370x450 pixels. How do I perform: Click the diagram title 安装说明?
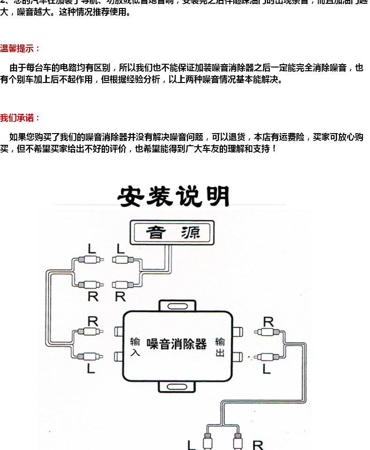[173, 196]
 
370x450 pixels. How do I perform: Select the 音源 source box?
[173, 232]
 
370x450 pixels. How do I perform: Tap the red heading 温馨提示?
[20, 48]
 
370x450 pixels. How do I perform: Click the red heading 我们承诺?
[20, 118]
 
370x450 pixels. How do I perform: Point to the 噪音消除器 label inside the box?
[177, 345]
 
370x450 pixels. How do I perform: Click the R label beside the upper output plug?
[268, 322]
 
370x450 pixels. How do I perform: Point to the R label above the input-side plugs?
[93, 322]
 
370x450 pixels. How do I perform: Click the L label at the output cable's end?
[191, 444]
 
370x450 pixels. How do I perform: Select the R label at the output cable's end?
[258, 444]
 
